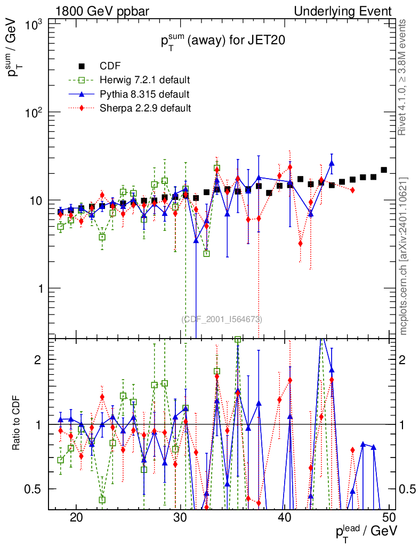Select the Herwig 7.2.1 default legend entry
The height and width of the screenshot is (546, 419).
click(x=144, y=81)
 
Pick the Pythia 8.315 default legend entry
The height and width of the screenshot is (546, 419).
click(x=144, y=94)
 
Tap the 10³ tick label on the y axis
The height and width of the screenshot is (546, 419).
click(x=35, y=25)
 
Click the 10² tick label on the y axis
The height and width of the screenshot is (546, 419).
click(x=35, y=113)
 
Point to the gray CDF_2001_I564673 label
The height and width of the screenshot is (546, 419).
click(x=222, y=319)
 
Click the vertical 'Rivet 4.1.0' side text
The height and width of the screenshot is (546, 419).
click(x=404, y=77)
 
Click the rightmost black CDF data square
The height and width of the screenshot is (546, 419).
click(x=384, y=170)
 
